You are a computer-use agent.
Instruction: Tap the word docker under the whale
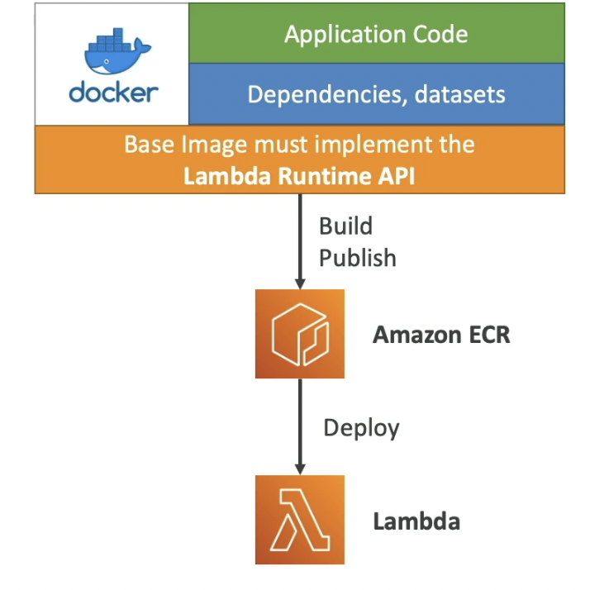(112, 92)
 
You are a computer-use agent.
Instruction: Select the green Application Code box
(376, 34)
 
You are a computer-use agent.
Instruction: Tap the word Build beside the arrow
(345, 226)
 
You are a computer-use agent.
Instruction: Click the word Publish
(358, 258)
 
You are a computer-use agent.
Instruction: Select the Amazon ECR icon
(299, 334)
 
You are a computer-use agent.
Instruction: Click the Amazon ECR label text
(441, 335)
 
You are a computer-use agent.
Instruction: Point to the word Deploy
(361, 427)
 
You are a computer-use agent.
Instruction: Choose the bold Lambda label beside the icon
(416, 521)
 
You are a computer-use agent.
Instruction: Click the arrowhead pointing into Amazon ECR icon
(299, 282)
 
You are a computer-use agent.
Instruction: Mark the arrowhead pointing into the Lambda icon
(299, 467)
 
